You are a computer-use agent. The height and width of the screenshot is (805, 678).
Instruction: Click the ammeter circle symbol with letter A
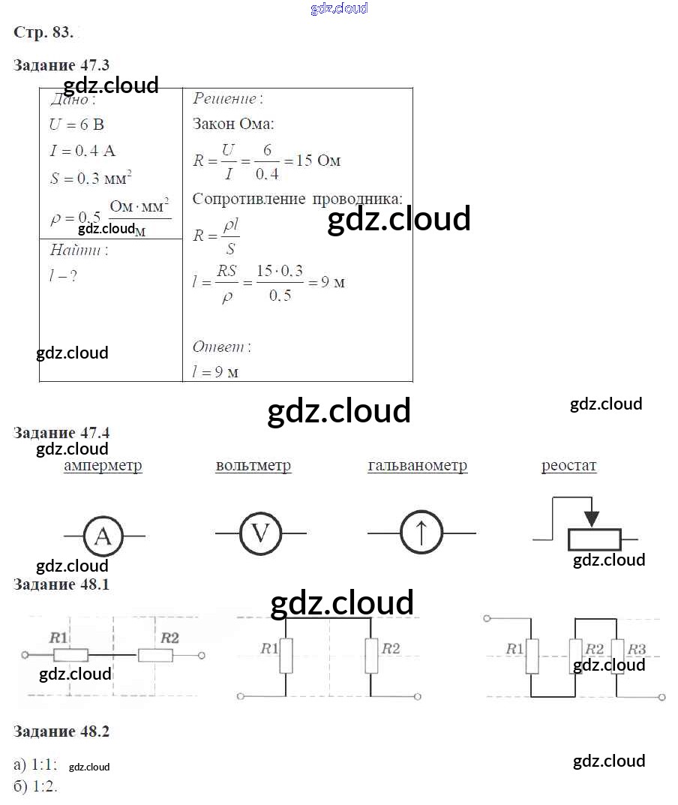point(104,536)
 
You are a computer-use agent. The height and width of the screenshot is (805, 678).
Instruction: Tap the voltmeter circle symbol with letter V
point(259,533)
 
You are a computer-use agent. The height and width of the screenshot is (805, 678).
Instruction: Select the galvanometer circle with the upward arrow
point(421,533)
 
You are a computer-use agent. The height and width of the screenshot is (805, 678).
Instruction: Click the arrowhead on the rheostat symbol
point(592,519)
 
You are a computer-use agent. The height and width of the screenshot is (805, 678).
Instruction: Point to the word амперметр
point(103,466)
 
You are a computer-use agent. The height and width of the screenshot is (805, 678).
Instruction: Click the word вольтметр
point(253,466)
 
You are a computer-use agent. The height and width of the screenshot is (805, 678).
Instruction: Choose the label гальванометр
point(418,466)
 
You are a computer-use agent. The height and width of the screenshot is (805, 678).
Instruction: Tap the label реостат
point(569,466)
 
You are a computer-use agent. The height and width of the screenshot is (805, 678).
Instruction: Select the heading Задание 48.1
point(61,584)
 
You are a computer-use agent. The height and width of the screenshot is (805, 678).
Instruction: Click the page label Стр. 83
point(43,33)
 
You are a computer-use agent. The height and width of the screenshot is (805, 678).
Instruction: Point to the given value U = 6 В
point(76,125)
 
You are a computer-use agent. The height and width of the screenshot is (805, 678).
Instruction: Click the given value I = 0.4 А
point(82,151)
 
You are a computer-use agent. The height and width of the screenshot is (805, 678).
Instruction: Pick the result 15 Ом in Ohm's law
point(319,161)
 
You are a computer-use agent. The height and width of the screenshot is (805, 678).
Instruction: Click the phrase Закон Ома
point(233,124)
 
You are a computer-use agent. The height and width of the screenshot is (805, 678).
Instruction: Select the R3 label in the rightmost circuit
point(637,649)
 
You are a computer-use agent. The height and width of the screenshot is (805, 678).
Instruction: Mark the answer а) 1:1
point(35,765)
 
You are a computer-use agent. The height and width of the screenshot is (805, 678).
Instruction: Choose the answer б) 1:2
point(35,787)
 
